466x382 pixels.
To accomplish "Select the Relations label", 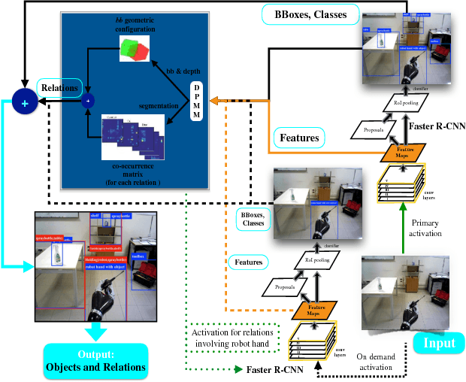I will click(59, 88).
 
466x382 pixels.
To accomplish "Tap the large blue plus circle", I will click(24, 103).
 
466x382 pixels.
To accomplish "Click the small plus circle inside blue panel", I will click(89, 99).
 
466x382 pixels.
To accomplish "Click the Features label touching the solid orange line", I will click(299, 138).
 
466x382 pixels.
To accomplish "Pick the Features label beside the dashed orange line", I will click(247, 262).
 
